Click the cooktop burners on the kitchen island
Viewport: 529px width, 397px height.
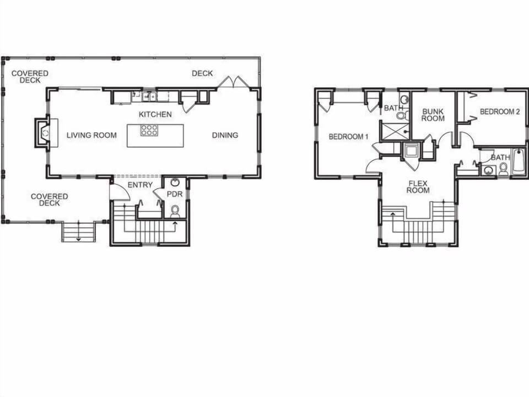pyautogui.click(x=149, y=130)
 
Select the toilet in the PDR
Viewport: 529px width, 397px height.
pyautogui.click(x=175, y=210)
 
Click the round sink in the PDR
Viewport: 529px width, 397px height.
pyautogui.click(x=175, y=182)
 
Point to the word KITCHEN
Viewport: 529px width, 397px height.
pyautogui.click(x=155, y=114)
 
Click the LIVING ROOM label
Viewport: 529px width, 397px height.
pyautogui.click(x=91, y=135)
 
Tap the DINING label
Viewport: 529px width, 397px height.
pyautogui.click(x=225, y=135)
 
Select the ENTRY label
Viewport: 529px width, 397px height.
pyautogui.click(x=140, y=185)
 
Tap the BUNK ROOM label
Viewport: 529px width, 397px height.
pyautogui.click(x=433, y=115)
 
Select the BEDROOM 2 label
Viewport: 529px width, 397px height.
pyautogui.click(x=500, y=111)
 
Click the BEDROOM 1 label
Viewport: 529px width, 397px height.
pyautogui.click(x=348, y=136)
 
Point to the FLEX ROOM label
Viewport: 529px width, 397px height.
pyautogui.click(x=419, y=186)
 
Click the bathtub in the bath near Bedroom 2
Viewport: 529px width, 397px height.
pyautogui.click(x=519, y=162)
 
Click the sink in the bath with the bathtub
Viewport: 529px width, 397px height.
pyautogui.click(x=487, y=170)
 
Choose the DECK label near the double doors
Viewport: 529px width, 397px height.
pyautogui.click(x=202, y=73)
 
